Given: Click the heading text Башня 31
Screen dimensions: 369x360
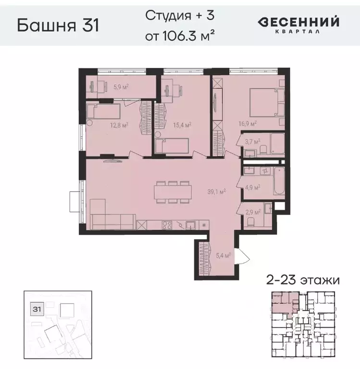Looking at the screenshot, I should click(58, 25).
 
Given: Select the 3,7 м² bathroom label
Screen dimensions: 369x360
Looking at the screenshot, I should click(252, 141).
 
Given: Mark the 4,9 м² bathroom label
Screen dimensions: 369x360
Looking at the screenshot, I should click(253, 187).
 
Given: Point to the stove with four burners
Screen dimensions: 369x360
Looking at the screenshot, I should click(167, 224).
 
